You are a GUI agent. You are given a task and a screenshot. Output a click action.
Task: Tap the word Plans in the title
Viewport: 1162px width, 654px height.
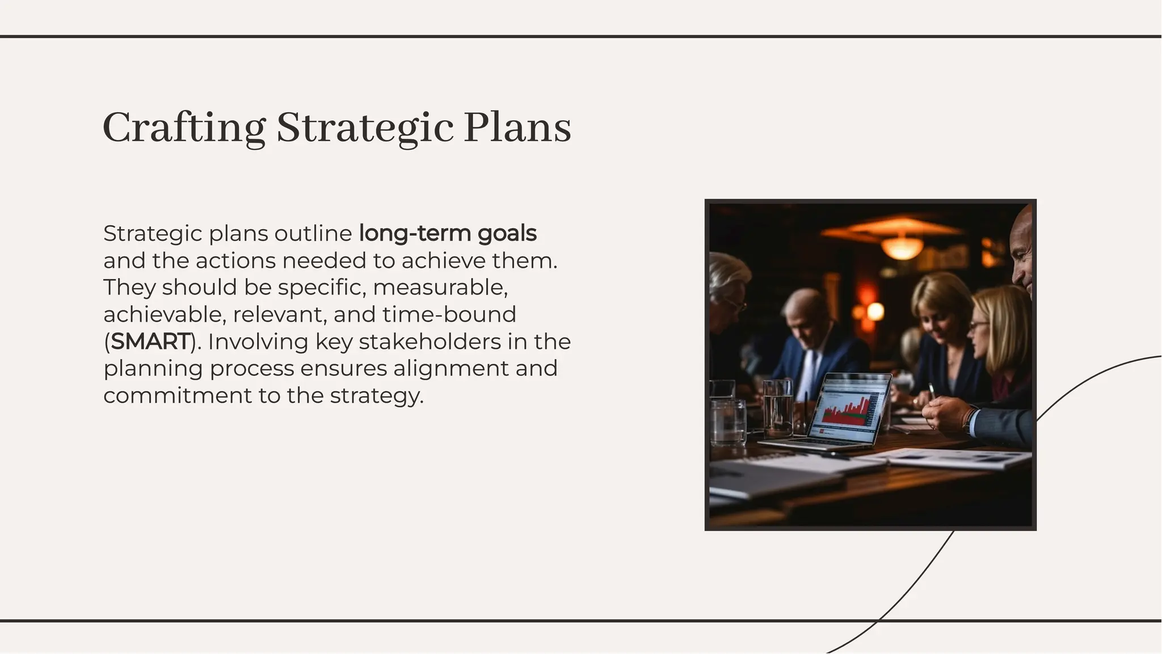click(517, 128)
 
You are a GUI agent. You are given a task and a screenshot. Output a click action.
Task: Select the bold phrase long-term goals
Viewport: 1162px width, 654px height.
click(448, 233)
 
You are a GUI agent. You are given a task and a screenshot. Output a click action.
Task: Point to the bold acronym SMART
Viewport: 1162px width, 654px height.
click(150, 341)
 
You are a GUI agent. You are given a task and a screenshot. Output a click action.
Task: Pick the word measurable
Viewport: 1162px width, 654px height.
click(440, 287)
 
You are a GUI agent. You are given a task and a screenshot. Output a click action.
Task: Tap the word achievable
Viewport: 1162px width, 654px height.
click(165, 314)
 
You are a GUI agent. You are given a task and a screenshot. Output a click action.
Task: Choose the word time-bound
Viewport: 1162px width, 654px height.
click(449, 314)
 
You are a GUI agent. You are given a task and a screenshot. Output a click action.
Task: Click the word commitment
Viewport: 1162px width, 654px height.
click(177, 395)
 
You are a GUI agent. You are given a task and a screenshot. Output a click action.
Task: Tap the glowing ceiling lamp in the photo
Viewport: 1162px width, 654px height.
click(902, 247)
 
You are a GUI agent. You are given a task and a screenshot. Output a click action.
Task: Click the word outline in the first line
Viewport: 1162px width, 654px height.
click(313, 233)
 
